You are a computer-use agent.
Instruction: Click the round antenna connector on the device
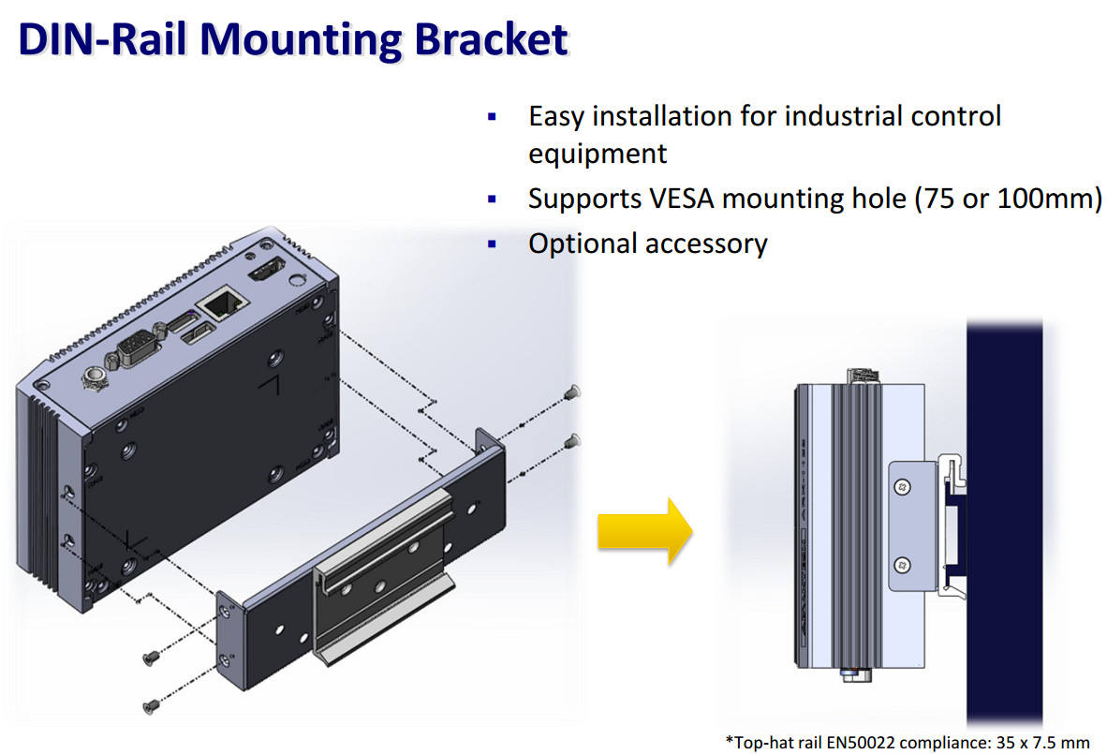[x=93, y=379]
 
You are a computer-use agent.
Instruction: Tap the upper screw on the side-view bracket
[x=901, y=487]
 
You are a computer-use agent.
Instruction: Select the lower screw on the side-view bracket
[x=901, y=564]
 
